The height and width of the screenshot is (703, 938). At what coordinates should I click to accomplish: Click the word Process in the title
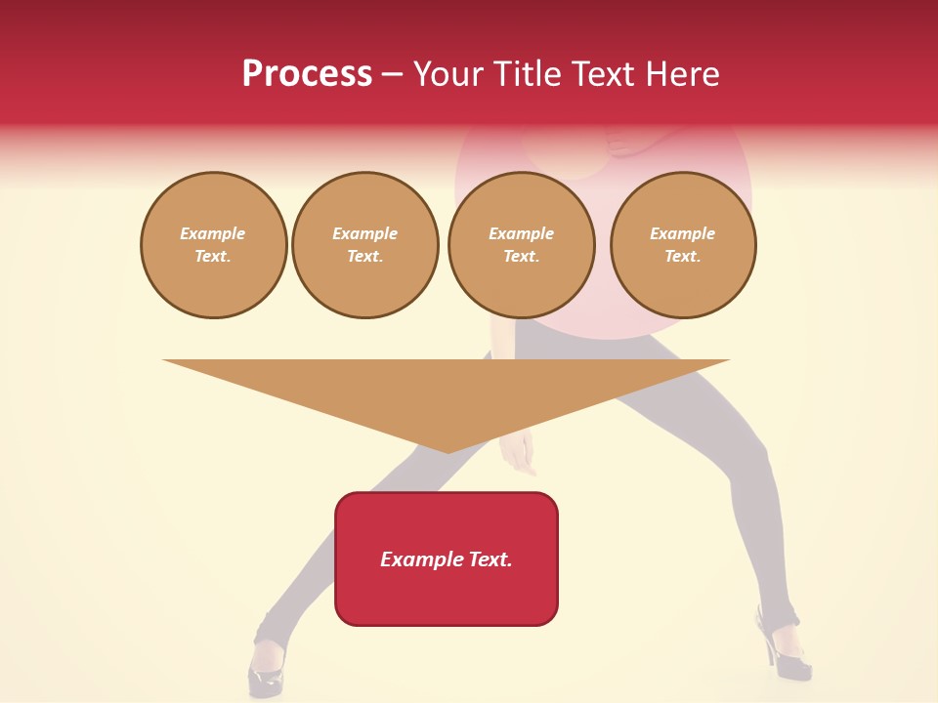307,74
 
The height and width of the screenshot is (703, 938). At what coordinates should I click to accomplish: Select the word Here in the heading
681,74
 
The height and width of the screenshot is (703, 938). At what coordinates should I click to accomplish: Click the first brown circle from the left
214,245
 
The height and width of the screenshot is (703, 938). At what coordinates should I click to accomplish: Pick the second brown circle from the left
365,245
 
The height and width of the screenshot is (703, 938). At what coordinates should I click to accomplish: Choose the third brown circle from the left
522,245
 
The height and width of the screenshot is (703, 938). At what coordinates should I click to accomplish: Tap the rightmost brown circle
683,245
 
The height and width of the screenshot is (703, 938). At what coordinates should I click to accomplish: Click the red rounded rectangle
447,586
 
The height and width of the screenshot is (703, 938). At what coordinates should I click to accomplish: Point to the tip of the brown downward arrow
448,451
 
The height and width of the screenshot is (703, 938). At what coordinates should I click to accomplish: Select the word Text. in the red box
491,559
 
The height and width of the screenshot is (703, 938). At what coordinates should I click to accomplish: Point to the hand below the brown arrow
518,454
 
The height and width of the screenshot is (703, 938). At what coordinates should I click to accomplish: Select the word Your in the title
448,74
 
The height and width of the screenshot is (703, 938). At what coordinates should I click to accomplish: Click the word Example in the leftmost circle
213,234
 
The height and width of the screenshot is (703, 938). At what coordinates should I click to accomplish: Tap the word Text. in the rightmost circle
683,257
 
